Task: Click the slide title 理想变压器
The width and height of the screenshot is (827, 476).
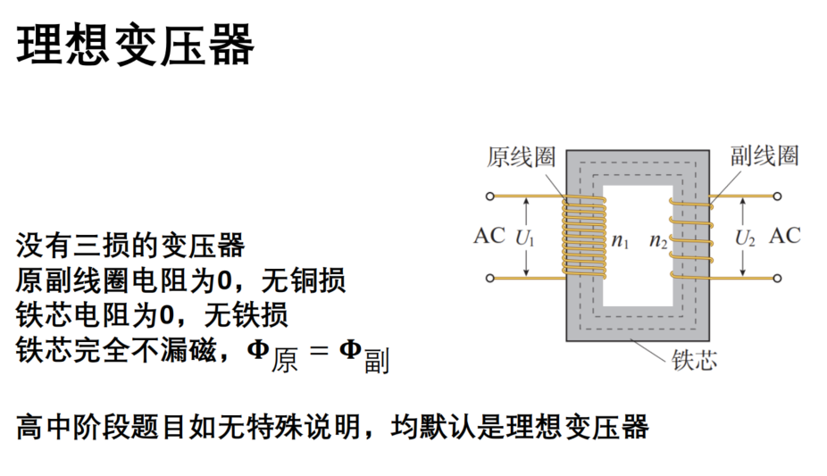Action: pos(136,45)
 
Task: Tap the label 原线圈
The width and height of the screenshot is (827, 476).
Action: pos(521,156)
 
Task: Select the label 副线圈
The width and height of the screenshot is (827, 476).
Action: pos(764,155)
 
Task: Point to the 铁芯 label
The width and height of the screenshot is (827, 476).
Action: pos(694,361)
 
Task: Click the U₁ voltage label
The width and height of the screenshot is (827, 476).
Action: pos(525,238)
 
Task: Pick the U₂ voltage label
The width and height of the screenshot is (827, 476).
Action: pos(745,238)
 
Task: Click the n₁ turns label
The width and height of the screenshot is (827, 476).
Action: pos(620,241)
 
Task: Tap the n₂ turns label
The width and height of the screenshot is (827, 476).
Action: pos(658,241)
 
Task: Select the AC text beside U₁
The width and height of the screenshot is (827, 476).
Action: pos(489,236)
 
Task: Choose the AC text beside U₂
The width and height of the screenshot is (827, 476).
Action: pos(785,236)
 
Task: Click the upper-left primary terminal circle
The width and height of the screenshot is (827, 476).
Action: pos(490,196)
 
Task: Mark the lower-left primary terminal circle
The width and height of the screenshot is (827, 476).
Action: pos(490,278)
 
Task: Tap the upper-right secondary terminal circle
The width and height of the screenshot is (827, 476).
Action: pos(777,196)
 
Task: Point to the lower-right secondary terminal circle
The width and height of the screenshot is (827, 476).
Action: pos(777,278)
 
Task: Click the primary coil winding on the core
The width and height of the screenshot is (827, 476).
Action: pos(584,238)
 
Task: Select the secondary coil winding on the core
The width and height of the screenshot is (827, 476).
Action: pos(691,238)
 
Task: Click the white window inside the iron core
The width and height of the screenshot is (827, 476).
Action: pos(638,246)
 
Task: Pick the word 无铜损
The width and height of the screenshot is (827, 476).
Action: pos(304,280)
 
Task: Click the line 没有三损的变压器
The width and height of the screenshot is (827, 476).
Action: pos(130,245)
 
